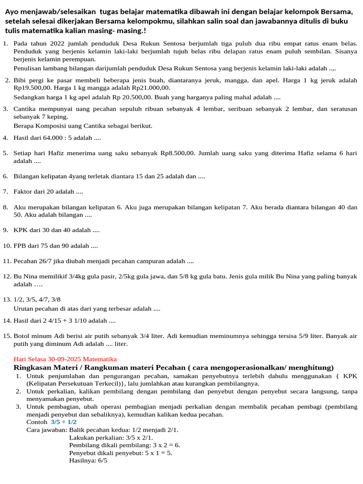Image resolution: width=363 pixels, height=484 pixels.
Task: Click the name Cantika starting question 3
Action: point(26,109)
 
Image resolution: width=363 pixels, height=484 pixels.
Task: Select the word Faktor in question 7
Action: point(24,191)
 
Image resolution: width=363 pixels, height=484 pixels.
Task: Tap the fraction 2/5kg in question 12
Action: point(124,277)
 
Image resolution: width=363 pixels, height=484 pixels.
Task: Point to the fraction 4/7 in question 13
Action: point(43,300)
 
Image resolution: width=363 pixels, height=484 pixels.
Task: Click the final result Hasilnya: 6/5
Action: point(88,460)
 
